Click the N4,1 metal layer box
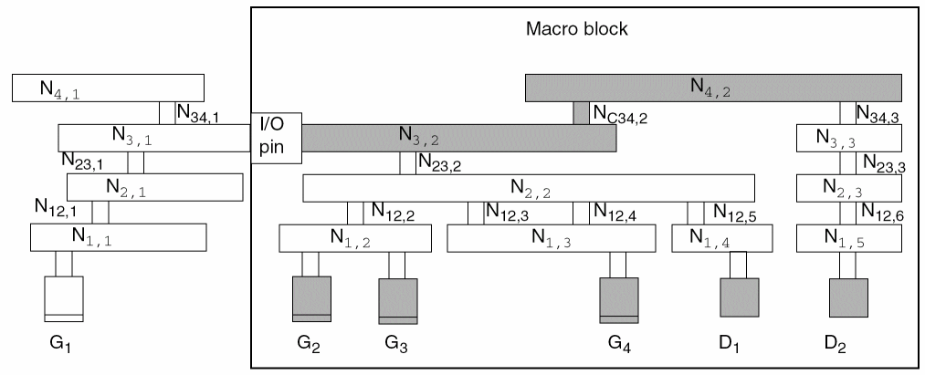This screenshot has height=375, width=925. pos(108,89)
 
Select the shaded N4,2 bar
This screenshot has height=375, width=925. pos(713,88)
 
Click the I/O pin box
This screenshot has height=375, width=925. pos(276,139)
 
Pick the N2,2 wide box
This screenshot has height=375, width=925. pos(529,188)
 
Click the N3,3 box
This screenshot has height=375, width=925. pos(848,138)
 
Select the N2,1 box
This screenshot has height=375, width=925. pos(154,186)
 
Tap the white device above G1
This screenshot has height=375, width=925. pos(64,298)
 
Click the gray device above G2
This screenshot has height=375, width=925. pos(311,298)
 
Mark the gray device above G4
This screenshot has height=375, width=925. pos(619,299)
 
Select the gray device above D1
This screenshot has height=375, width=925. pos(739,297)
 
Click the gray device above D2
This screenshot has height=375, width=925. pos(847,297)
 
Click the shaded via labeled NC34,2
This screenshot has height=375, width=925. pos(581,112)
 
